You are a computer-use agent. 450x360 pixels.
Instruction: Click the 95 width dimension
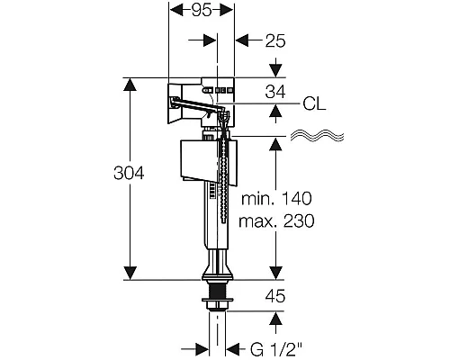coord(202,11)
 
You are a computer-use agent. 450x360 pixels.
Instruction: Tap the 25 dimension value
coord(275,40)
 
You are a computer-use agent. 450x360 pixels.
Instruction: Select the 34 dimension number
coord(275,92)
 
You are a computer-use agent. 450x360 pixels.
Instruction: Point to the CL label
coord(314,103)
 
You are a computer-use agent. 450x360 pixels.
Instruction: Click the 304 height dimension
coord(129,173)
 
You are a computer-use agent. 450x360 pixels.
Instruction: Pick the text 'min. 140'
coord(276,199)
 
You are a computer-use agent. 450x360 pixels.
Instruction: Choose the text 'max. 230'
coord(276,221)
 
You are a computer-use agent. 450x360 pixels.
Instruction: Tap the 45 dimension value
coord(275,296)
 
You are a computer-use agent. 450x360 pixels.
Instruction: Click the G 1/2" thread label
coord(276,350)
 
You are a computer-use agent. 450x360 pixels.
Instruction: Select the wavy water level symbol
coord(317,136)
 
